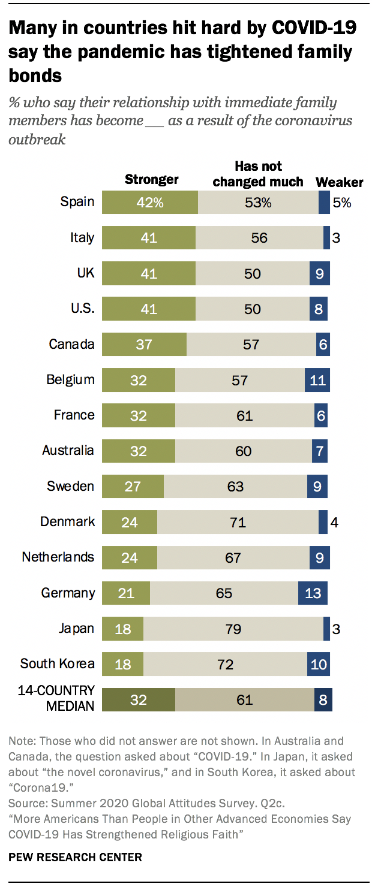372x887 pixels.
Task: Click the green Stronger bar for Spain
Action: (149, 202)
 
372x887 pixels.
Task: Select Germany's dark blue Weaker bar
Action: (313, 593)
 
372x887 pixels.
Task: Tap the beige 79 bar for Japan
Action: (233, 629)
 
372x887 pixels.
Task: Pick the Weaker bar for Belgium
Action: (317, 379)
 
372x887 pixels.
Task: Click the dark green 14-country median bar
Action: (138, 699)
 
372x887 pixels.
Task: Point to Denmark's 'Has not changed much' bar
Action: (238, 522)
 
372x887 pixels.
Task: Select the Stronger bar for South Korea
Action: (122, 664)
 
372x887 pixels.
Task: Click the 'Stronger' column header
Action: (151, 179)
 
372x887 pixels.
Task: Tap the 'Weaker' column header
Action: (339, 182)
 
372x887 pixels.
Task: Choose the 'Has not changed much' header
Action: (258, 174)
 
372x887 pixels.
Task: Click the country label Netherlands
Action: (58, 557)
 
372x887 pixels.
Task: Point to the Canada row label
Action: (71, 344)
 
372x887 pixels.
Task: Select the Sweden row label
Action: (70, 486)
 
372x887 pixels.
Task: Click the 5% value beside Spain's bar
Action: (342, 203)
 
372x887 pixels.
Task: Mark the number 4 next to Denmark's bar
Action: (334, 522)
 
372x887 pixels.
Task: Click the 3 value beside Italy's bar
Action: (336, 238)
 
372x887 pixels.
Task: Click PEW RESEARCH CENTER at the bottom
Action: (75, 858)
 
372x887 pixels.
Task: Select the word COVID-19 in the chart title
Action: (314, 28)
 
